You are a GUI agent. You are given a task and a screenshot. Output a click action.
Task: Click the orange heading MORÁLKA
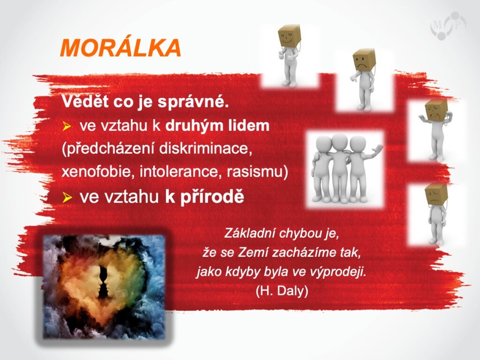click(120, 48)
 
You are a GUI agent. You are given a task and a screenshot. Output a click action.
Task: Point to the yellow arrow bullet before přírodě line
click(67, 197)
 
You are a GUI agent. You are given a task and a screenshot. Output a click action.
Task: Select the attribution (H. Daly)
click(282, 291)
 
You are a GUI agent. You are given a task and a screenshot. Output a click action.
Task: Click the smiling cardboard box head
click(289, 36)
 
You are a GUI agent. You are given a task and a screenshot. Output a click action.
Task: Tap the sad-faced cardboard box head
click(364, 60)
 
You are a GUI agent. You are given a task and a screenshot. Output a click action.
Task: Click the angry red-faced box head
click(436, 110)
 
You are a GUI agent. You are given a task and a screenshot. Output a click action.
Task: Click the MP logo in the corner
click(448, 26)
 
